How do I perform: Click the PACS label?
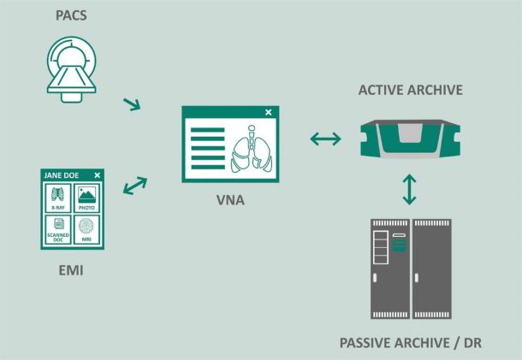click(x=71, y=15)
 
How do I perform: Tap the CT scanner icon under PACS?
click(x=71, y=69)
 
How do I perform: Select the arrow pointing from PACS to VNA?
click(x=132, y=104)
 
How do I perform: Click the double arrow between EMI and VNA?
click(x=135, y=186)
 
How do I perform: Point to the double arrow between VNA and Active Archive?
click(x=325, y=139)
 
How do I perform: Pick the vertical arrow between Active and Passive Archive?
click(x=409, y=189)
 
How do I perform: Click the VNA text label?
click(x=230, y=200)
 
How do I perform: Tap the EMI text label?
click(x=71, y=270)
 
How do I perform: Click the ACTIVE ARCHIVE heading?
click(x=411, y=90)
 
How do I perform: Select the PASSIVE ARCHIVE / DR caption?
click(x=411, y=343)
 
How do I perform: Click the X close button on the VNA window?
click(x=269, y=113)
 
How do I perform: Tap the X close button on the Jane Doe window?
click(x=97, y=175)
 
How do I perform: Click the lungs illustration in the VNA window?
click(x=252, y=149)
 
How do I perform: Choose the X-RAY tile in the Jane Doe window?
click(x=58, y=198)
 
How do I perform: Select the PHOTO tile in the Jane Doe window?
click(x=86, y=198)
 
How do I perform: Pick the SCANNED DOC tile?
click(x=58, y=229)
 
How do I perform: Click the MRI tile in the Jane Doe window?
click(x=86, y=229)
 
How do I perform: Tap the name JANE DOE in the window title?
click(x=62, y=175)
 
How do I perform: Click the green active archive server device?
click(x=411, y=139)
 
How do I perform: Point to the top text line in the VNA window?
click(x=208, y=130)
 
